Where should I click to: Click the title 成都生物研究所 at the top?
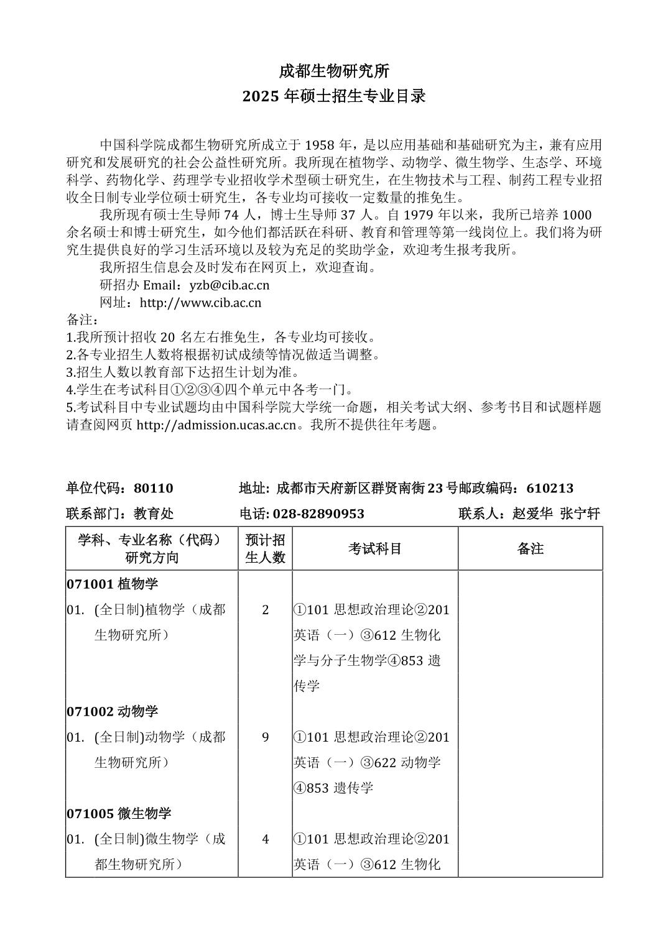[333, 71]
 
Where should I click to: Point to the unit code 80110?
[154, 488]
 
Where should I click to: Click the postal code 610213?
[550, 488]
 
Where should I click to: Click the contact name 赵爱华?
[532, 514]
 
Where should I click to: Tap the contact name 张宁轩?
[580, 514]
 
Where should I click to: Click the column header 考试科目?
[375, 548]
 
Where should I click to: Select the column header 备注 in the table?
[530, 548]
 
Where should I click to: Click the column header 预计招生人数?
[265, 548]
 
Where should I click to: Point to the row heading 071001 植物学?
[113, 584]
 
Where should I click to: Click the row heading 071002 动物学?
[113, 711]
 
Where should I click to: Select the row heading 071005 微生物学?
[119, 813]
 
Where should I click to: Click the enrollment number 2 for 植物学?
[266, 609]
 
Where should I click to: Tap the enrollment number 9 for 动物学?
[266, 737]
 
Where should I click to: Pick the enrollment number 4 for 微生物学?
[266, 839]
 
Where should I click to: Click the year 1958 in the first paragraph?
[320, 145]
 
